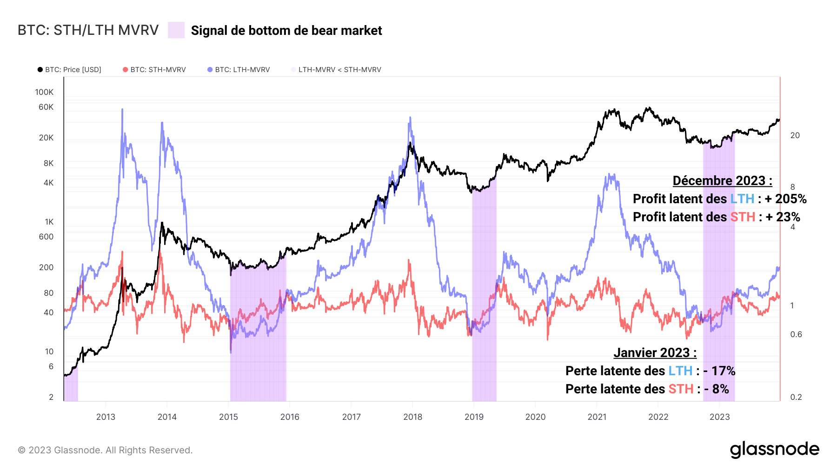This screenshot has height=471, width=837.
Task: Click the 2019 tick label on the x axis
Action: point(474,417)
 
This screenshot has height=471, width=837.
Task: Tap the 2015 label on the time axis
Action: point(228,417)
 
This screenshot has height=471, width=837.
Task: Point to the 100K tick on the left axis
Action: point(44,92)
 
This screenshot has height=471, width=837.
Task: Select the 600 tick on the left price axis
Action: point(46,237)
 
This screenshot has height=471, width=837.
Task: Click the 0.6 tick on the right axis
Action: point(796,334)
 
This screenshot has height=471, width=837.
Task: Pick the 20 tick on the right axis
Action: point(795,135)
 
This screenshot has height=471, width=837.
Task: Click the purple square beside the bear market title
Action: point(176,30)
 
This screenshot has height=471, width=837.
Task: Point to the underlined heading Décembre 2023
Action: point(722,180)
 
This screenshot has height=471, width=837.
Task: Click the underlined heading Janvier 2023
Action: point(655,352)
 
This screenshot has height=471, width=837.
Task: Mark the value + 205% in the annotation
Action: point(786,199)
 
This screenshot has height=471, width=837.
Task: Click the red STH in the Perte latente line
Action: point(681,389)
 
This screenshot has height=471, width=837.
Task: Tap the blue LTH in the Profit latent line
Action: point(742,199)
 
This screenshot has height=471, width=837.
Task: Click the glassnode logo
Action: point(774,450)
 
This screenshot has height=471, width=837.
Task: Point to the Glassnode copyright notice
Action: point(105,450)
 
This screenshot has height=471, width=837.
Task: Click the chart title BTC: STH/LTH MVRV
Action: point(88,30)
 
